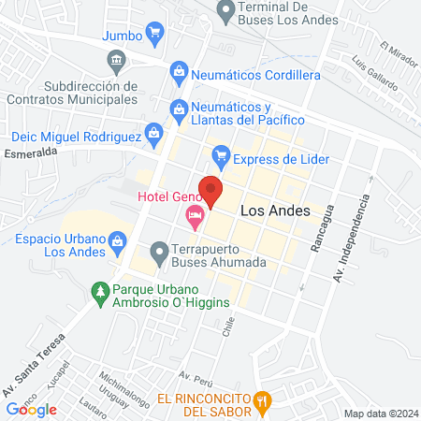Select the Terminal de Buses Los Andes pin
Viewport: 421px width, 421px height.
[x=225, y=13]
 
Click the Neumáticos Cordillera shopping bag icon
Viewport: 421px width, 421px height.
[x=178, y=70]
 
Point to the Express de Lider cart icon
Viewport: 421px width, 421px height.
[x=221, y=154]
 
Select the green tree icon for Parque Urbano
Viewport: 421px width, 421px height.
[x=99, y=293]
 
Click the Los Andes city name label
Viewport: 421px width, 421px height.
[x=275, y=211]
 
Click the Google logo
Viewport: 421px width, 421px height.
[x=32, y=409]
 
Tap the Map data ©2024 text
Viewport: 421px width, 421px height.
[x=380, y=414]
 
